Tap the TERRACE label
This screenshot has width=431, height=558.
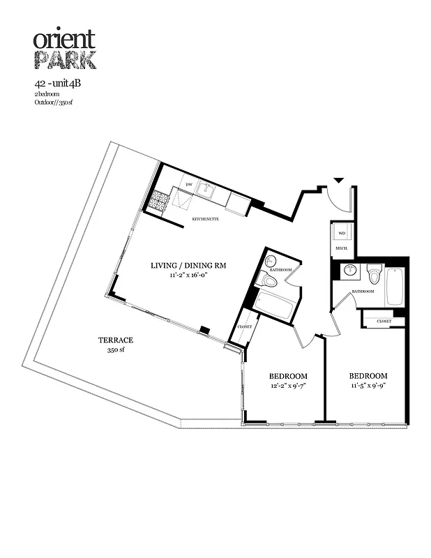[x=115, y=340]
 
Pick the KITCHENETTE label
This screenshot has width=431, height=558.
[x=206, y=219]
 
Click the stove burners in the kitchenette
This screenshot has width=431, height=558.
[x=158, y=200]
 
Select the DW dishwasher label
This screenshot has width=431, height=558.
[x=188, y=184]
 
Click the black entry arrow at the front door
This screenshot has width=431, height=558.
[x=338, y=181]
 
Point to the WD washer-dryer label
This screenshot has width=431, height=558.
[x=342, y=233]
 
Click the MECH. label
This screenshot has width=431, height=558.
[x=342, y=248]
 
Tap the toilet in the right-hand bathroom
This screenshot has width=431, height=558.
[x=374, y=273]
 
